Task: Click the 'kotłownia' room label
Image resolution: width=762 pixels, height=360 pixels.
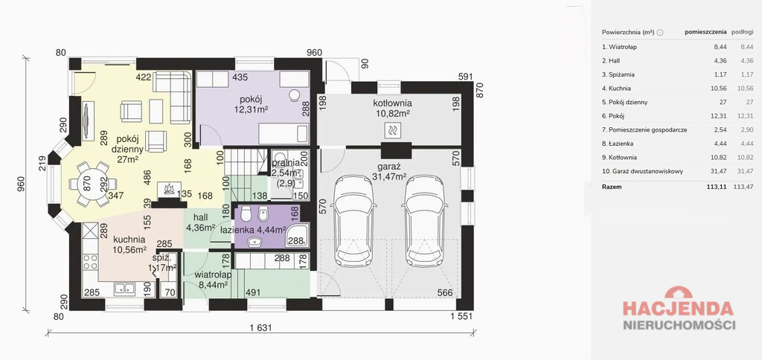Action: [392, 103]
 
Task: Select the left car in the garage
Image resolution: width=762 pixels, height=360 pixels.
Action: [354, 221]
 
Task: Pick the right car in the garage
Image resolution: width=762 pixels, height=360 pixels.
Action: [425, 221]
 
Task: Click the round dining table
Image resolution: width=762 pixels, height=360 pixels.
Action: [92, 184]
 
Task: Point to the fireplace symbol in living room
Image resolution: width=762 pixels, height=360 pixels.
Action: [169, 190]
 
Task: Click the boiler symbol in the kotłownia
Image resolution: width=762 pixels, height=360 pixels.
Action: [392, 130]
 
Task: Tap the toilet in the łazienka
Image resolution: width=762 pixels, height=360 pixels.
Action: [247, 214]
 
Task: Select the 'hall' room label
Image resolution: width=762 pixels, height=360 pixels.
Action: [201, 217]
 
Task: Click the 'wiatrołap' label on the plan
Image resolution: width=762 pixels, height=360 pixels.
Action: [213, 274]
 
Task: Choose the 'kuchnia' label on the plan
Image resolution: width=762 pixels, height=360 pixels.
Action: [129, 240]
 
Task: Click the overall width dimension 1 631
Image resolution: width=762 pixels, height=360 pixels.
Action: [261, 328]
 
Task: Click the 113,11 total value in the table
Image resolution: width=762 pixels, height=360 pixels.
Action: [717, 186]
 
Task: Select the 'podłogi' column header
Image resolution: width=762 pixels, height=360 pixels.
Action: [742, 32]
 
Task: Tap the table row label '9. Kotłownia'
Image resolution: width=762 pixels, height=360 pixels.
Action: [619, 158]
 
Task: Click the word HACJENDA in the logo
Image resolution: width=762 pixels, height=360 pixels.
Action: [678, 309]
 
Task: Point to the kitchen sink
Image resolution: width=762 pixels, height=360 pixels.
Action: [124, 289]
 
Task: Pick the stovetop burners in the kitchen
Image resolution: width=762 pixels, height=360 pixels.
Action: [90, 263]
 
